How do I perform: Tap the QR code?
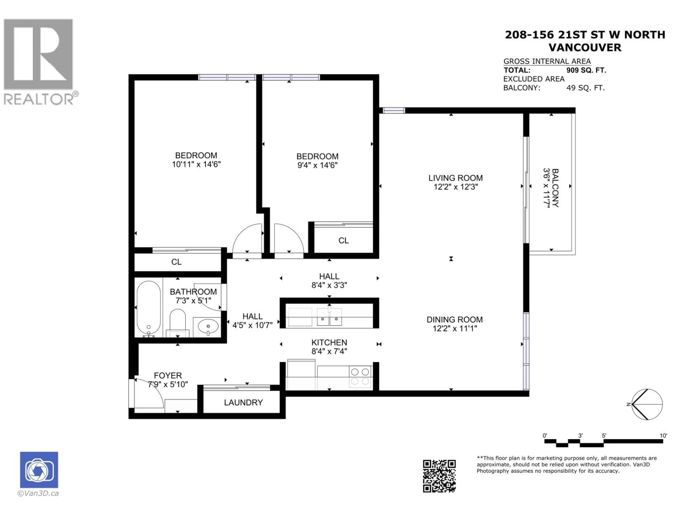point(439,476)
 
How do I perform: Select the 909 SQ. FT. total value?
point(586,70)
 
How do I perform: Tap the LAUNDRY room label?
point(243,403)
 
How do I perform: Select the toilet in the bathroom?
point(178,323)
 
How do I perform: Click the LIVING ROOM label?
point(455,178)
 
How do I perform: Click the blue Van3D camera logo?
point(39,470)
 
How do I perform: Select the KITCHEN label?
point(329,343)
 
